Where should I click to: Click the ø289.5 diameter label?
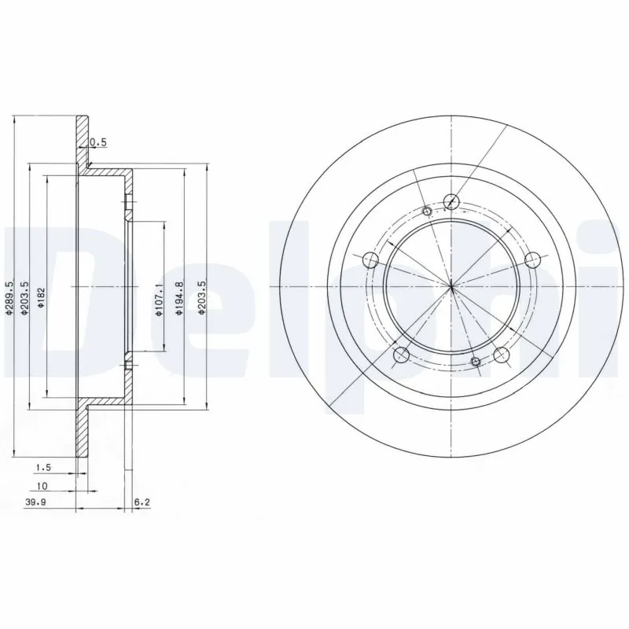pyautogui.click(x=9, y=299)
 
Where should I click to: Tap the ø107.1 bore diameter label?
pyautogui.click(x=159, y=300)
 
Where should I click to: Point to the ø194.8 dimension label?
pyautogui.click(x=179, y=300)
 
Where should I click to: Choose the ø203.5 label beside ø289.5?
pyautogui.click(x=25, y=299)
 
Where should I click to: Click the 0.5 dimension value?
pyautogui.click(x=98, y=142)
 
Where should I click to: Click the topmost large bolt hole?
pyautogui.click(x=451, y=200)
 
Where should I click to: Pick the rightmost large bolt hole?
pyautogui.click(x=532, y=259)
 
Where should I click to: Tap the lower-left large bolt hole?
pyautogui.click(x=401, y=354)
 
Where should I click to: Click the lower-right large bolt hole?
pyautogui.click(x=502, y=354)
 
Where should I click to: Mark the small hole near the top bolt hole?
pyautogui.click(x=427, y=211)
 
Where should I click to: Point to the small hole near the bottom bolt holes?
pyautogui.click(x=475, y=361)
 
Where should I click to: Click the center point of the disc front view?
pyautogui.click(x=452, y=286)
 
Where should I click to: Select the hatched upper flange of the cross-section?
pyautogui.click(x=82, y=142)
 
